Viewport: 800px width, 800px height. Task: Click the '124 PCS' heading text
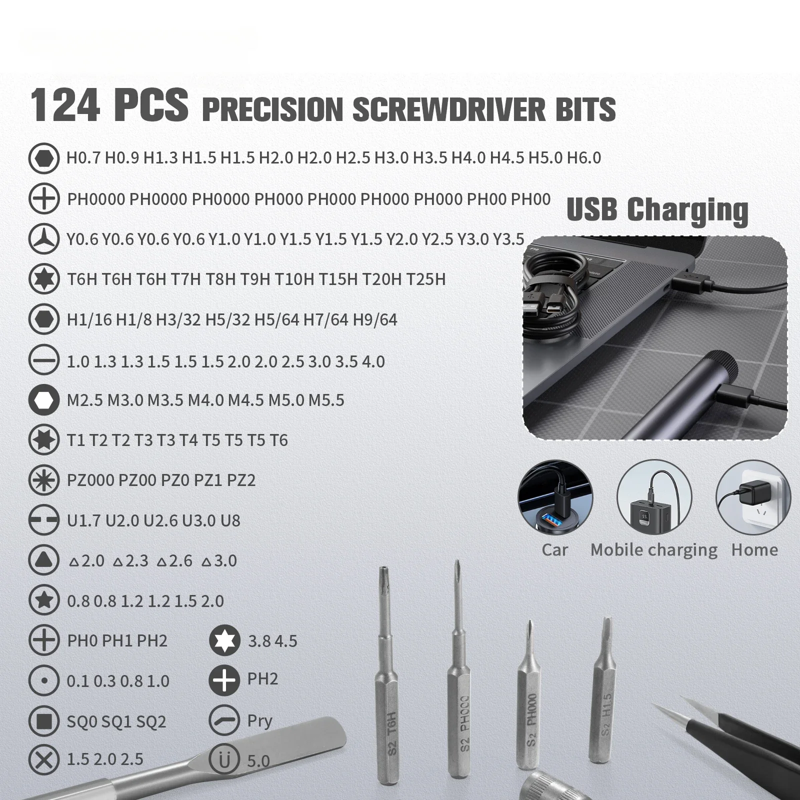click(109, 105)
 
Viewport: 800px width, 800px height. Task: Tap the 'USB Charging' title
click(657, 209)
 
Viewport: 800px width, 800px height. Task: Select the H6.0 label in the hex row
click(584, 158)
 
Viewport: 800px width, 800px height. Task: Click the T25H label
click(425, 279)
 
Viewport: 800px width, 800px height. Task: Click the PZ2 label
click(241, 480)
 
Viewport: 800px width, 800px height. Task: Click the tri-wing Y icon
click(44, 239)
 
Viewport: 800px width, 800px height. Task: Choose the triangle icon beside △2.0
click(44, 560)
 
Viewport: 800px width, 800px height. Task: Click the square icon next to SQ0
click(44, 721)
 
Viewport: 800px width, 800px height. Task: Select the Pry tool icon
click(224, 720)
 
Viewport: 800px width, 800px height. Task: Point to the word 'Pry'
click(259, 721)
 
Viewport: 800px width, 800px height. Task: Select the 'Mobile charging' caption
click(653, 550)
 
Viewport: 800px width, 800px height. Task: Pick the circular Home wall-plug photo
click(753, 497)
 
